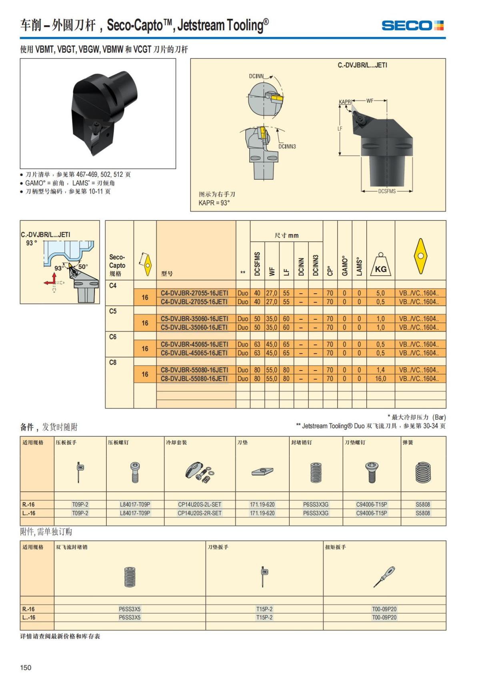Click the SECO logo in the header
pos(412,26)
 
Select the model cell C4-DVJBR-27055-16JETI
pos(194,293)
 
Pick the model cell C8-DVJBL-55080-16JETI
pos(194,379)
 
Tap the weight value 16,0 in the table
pos(380,379)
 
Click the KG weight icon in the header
pos(381,264)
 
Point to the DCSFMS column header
pos(257,264)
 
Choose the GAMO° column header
pos(344,266)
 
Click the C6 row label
pos(113,337)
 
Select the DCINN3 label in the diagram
pos(287,146)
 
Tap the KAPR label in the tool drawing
pos(345,102)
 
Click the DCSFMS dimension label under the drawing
pos(387,191)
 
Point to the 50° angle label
pos(83,266)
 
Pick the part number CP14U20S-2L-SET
pos(199,505)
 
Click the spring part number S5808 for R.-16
pos(423,505)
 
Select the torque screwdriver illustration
pos(384,577)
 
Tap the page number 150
pos(26,667)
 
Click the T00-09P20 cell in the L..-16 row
pos(384,617)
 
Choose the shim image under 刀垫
pos(262,471)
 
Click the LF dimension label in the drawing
pos(340,128)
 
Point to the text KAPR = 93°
pos(214,203)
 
